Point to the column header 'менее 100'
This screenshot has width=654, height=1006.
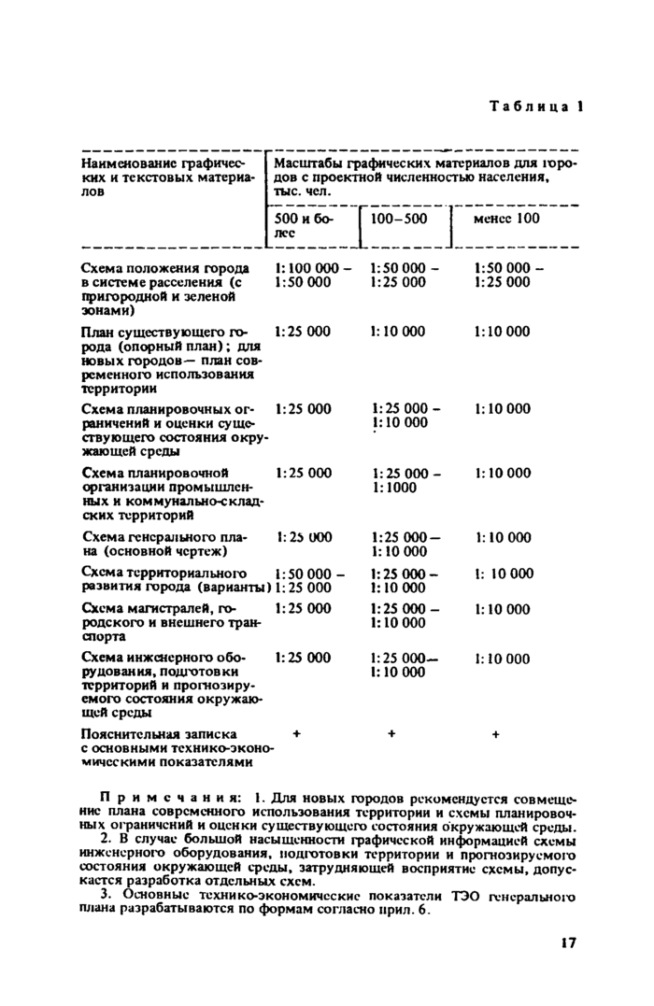pos(506,219)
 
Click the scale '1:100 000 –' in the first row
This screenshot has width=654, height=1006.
pos(313,268)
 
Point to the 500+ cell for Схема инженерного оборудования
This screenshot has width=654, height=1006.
pos(303,658)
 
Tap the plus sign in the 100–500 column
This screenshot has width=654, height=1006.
pos(391,734)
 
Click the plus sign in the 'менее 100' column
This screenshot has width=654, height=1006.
pos(495,734)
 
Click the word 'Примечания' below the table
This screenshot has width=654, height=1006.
pos(169,799)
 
